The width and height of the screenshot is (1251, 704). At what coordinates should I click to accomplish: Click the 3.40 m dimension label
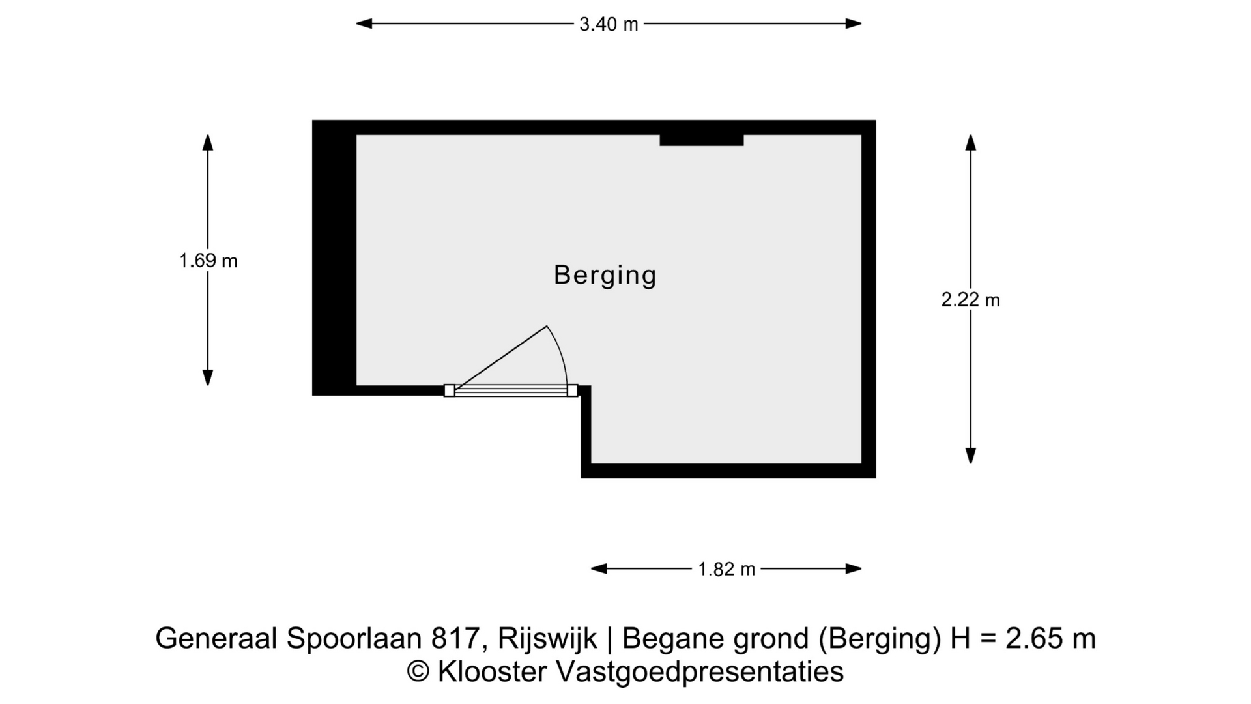coord(609,24)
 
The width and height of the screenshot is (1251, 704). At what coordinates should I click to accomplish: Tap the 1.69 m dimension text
coord(208,261)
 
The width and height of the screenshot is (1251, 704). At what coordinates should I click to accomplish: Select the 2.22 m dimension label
coord(970,300)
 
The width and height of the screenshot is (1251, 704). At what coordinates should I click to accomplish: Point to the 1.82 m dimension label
coord(726,569)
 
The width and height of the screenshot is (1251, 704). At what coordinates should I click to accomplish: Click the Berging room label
coord(605,275)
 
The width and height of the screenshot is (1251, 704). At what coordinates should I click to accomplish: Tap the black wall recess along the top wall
coord(701,139)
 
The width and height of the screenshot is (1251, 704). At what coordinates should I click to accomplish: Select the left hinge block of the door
coord(450,390)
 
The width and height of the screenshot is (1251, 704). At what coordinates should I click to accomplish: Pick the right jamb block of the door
coord(572,390)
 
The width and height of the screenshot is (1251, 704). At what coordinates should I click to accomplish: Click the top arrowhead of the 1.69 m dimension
coord(208,142)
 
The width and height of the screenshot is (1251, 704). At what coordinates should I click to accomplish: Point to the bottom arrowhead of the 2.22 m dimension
coord(971,456)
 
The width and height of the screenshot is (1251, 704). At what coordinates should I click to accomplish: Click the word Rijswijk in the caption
coord(547,638)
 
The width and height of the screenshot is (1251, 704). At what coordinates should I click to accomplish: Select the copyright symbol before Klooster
coord(418,671)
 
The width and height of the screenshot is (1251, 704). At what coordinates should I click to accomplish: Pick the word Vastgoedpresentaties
coord(700,671)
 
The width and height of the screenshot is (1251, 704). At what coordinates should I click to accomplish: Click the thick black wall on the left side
coord(334,261)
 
